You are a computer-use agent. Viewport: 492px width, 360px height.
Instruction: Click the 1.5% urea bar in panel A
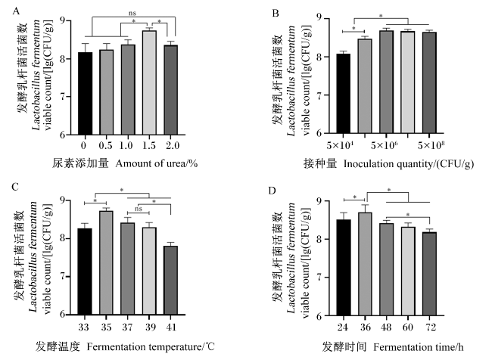(x=149, y=82)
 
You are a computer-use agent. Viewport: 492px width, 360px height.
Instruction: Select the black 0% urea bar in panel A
(x=86, y=94)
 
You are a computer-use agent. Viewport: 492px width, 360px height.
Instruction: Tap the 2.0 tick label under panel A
(x=173, y=145)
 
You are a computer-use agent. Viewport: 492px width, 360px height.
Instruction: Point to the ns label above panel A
(x=132, y=13)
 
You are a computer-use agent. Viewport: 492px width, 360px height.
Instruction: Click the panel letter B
(x=276, y=13)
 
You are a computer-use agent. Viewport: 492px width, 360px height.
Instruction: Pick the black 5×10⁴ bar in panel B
(x=344, y=94)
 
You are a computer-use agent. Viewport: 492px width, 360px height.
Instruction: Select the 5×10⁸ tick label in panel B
(x=431, y=145)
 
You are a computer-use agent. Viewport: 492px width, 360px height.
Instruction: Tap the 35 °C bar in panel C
(x=107, y=262)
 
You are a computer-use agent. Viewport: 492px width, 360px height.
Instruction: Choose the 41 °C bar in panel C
(x=171, y=281)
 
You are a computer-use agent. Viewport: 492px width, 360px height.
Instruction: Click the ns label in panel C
(x=139, y=209)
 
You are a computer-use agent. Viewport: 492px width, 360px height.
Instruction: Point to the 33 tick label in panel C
(x=83, y=327)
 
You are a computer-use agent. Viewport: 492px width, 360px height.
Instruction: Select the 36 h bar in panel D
(x=366, y=264)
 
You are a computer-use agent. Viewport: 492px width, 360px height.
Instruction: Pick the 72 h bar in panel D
(x=429, y=274)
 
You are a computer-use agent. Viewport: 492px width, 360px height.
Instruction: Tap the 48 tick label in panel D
(x=386, y=327)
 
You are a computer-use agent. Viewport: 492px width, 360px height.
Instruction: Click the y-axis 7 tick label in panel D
(x=319, y=278)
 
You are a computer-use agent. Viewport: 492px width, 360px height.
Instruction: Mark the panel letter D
(x=272, y=191)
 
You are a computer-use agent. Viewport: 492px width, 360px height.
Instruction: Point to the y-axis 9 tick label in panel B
(x=319, y=17)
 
